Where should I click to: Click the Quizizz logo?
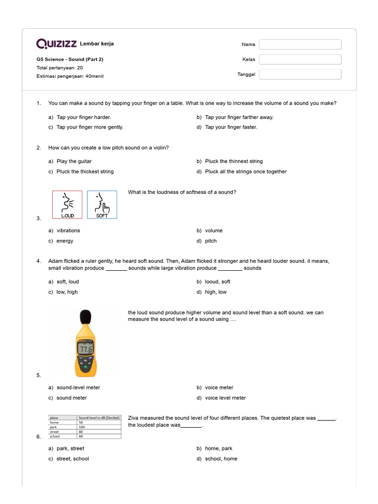tap(56, 44)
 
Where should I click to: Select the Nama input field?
tap(300, 45)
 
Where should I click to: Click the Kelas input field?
tap(300, 60)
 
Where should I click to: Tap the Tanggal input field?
tap(300, 74)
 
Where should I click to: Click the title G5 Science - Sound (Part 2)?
tap(69, 59)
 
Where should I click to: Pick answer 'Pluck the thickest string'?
tap(85, 172)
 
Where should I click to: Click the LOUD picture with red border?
tap(67, 205)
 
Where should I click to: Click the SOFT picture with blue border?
tap(102, 205)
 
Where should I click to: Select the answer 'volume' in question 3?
tap(214, 230)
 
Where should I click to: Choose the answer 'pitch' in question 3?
tap(211, 241)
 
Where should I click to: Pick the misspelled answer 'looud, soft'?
tap(218, 282)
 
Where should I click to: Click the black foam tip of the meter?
tap(86, 317)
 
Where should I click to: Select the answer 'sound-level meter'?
tap(78, 387)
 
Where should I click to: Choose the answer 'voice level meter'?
tap(225, 398)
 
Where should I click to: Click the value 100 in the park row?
tap(82, 427)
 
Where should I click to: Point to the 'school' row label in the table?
tap(55, 436)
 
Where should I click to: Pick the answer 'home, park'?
tap(219, 448)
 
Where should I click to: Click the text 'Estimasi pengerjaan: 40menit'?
tap(70, 76)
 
